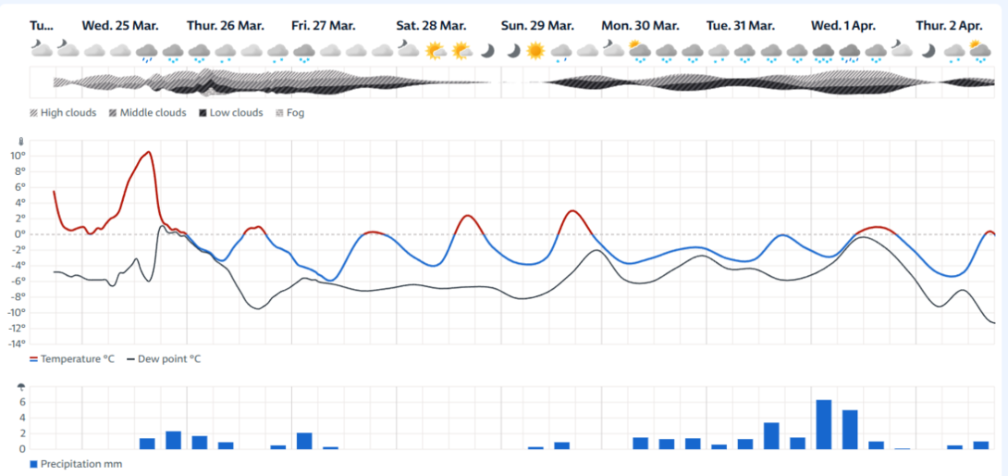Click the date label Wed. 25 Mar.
[120, 26]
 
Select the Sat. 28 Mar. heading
[431, 26]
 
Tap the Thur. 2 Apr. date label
[950, 26]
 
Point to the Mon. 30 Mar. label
[640, 26]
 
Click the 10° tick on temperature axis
[18, 156]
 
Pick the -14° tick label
[17, 344]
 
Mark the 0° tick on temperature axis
[20, 233]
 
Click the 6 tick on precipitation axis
[22, 402]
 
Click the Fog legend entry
[290, 113]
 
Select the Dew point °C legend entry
[164, 358]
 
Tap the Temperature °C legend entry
[72, 358]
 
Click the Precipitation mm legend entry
[76, 464]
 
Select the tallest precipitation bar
[823, 424]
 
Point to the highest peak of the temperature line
[149, 152]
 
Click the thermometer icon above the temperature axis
[21, 141]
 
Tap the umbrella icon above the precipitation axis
[21, 387]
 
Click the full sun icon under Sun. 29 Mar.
[535, 50]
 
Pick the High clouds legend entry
[63, 113]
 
